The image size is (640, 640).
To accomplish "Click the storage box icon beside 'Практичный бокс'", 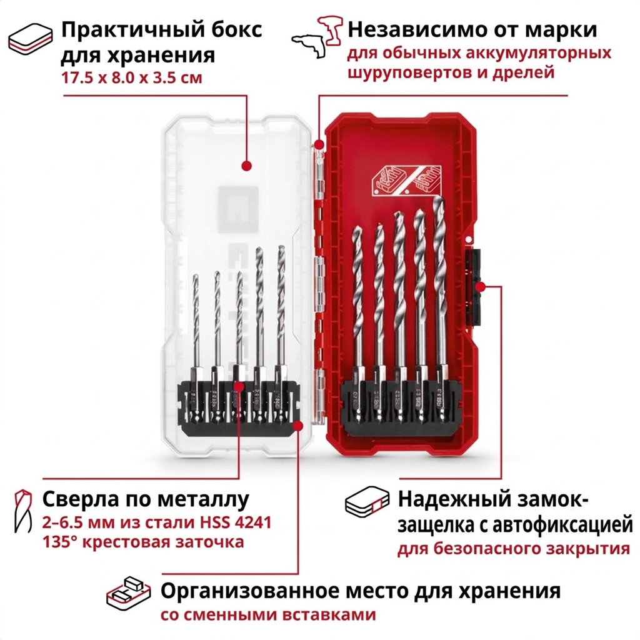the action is [30, 38].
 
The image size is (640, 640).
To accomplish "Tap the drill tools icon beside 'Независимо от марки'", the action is [317, 37].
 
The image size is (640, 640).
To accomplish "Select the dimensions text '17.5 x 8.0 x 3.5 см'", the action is [132, 77].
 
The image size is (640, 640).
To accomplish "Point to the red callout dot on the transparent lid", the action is [246, 166].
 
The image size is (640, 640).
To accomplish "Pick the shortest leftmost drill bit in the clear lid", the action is [196, 347].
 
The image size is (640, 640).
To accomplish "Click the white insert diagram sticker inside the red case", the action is [407, 179].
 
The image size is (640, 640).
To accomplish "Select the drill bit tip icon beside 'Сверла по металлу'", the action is [23, 511].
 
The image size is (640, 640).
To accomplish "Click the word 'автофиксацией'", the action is [563, 526].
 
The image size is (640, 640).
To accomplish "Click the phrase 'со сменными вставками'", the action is [267, 614].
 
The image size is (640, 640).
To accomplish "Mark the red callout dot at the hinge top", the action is [319, 144].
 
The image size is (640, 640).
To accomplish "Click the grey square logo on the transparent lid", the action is [238, 210].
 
